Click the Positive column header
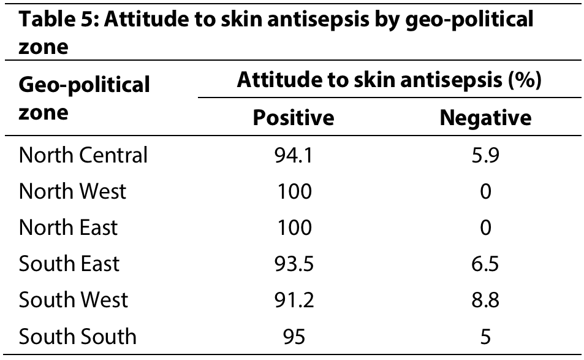(x=294, y=118)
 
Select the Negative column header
(x=486, y=118)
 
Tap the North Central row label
(x=83, y=155)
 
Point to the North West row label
(x=73, y=191)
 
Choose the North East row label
(x=68, y=228)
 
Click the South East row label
(x=69, y=264)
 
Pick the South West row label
(x=74, y=300)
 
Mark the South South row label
(x=77, y=336)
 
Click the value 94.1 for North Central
(x=294, y=155)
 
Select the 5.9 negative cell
(x=485, y=155)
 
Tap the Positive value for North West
(x=294, y=191)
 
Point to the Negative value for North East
(x=485, y=228)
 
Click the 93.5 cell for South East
(x=294, y=264)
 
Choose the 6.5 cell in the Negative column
(x=485, y=264)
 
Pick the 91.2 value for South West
(x=294, y=300)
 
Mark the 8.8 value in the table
(x=485, y=300)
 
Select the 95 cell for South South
(x=294, y=336)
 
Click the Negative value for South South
(x=485, y=336)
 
